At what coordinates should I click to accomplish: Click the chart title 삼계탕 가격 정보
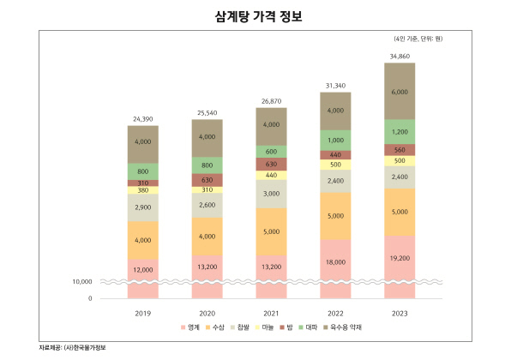255,16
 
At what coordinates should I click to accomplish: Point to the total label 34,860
400,56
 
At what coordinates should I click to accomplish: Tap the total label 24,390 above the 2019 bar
142,118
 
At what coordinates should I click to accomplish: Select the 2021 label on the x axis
271,313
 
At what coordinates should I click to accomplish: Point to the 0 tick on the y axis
89,298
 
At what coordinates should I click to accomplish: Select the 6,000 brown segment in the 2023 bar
400,92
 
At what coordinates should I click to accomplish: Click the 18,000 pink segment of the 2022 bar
335,264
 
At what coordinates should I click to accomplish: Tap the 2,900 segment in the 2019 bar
142,208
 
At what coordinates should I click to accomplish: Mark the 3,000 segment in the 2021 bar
271,194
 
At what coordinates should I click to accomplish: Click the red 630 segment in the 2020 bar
207,180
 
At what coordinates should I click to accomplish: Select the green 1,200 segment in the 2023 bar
400,132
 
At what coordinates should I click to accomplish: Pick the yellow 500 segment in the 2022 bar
335,165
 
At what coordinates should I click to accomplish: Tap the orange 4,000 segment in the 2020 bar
207,236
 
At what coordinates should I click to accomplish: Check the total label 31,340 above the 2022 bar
335,86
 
